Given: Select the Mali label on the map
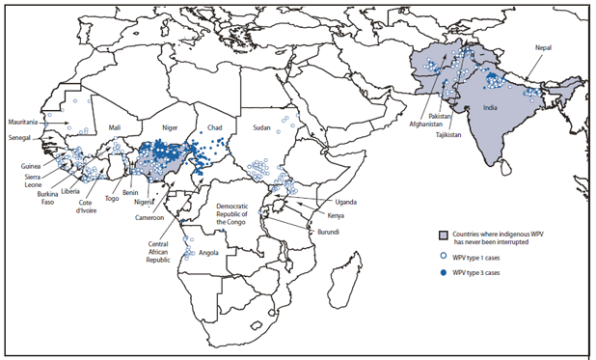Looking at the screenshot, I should pyautogui.click(x=115, y=126).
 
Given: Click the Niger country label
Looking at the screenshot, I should pyautogui.click(x=169, y=125).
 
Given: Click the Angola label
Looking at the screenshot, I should pyautogui.click(x=204, y=253).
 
